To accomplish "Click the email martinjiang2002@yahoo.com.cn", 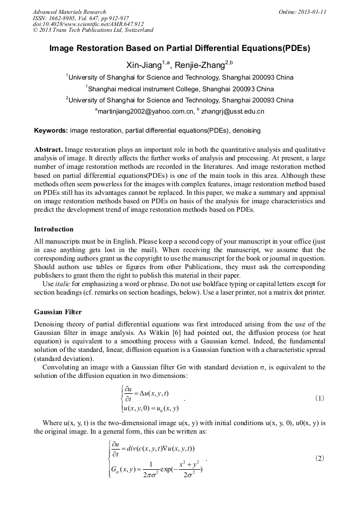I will coord(145,111).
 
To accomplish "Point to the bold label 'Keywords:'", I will coord(51,131).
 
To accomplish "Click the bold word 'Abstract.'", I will coord(49,150).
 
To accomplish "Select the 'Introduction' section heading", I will coord(54,229).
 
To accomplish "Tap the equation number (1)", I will coord(320,398).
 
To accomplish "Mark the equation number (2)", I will coord(320,457).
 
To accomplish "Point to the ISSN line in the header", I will coord(81,18).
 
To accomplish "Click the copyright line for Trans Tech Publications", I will coord(93,30).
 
